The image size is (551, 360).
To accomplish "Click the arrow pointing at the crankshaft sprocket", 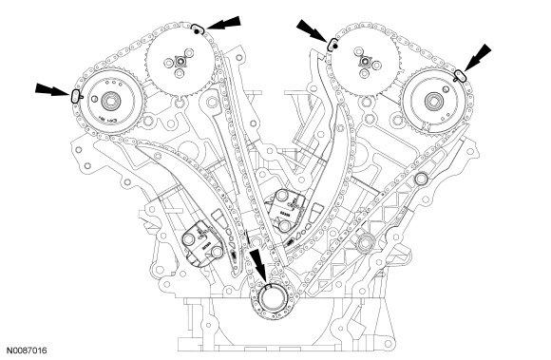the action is coord(258,266).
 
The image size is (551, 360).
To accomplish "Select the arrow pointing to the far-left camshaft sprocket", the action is coord(52,89).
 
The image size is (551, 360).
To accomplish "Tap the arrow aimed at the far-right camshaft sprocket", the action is coord(477,57).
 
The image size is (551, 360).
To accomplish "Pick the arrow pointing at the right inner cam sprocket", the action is coord(313,29).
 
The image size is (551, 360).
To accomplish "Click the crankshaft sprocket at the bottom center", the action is coord(273,301).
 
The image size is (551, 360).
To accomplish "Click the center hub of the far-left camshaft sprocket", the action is coord(111,101).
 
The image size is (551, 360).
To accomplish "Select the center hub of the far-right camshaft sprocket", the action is coord(434,102).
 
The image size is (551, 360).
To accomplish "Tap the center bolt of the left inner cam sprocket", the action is coord(180,63).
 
